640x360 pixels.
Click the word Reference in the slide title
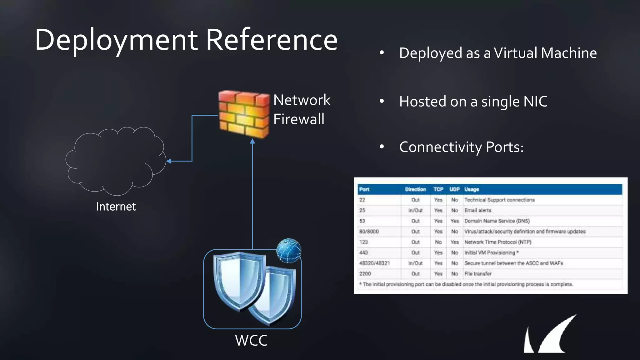272,40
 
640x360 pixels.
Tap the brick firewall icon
244,114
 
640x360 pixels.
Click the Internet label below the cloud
116,207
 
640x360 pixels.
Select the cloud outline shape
116,161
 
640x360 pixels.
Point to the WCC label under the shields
251,340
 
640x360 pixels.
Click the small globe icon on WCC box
289,250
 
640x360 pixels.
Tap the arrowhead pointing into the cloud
169,161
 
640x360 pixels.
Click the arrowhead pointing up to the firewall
252,141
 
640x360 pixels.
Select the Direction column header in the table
415,189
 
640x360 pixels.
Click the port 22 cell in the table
362,200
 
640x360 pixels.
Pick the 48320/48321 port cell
374,263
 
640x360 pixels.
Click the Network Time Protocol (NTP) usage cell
497,242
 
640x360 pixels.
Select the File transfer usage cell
478,274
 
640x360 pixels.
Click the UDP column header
454,189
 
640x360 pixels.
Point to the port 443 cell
363,252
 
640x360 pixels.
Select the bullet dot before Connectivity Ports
382,147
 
